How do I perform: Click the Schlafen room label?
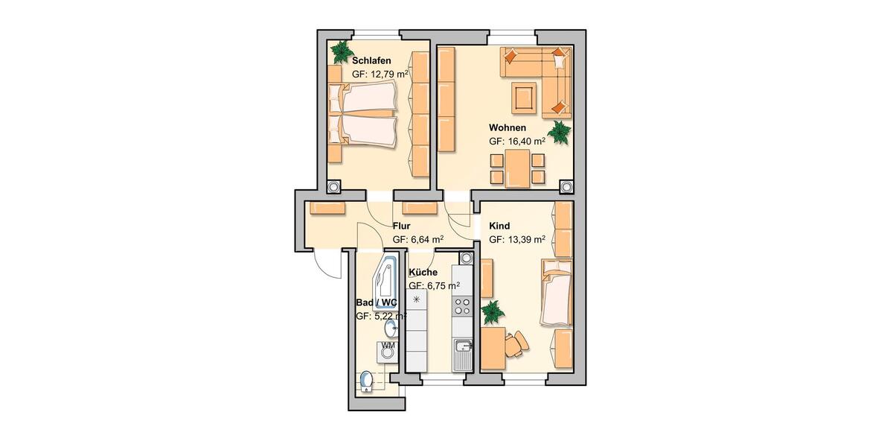[x=371, y=60]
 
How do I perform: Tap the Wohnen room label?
[x=508, y=127]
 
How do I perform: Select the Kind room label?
[x=500, y=225]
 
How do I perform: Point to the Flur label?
[x=402, y=225]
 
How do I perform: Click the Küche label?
[x=423, y=272]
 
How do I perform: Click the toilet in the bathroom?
[x=365, y=381]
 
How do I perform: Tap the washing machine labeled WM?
[x=388, y=350]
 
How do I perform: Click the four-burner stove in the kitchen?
[x=462, y=307]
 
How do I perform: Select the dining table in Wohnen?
[x=517, y=168]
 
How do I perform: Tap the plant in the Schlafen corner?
[x=342, y=51]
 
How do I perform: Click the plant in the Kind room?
[x=493, y=312]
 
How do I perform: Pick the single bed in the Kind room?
[x=556, y=294]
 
